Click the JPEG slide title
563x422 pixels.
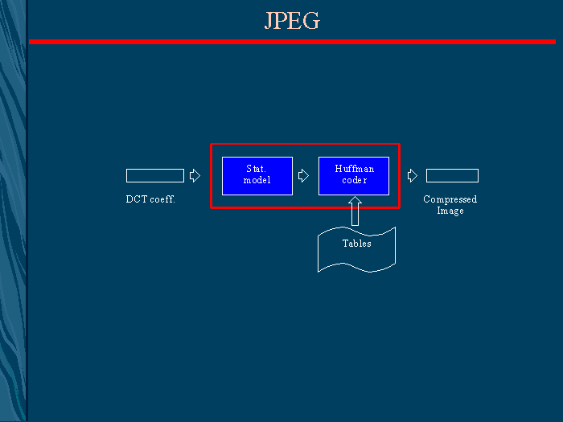[x=292, y=21]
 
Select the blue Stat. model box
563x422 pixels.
[x=257, y=175]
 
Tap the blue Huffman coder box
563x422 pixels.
[x=354, y=175]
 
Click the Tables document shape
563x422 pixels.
[x=357, y=249]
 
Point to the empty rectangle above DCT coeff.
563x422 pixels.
[x=155, y=175]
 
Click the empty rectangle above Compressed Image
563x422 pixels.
[x=452, y=175]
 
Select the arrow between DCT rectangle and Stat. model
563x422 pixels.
[x=195, y=175]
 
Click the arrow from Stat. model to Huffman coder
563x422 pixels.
[x=303, y=175]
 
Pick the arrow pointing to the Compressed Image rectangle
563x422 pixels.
[x=413, y=175]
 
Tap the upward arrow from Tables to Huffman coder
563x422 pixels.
[x=355, y=211]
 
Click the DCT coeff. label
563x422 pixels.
[x=150, y=199]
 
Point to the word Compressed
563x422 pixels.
[x=450, y=199]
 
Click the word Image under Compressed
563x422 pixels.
[x=450, y=211]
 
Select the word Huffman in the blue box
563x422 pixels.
[x=354, y=170]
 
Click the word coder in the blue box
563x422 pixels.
[x=354, y=181]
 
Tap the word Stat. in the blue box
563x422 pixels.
[x=257, y=170]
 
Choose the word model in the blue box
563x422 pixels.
[x=257, y=181]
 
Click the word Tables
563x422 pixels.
[x=357, y=244]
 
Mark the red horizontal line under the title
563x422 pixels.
[x=292, y=41]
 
